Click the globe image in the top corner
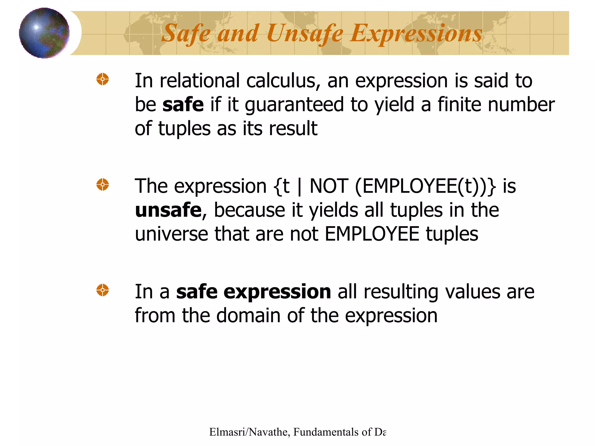pyautogui.click(x=44, y=33)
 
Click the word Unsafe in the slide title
pyautogui.click(x=305, y=34)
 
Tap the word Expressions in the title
pyautogui.click(x=416, y=34)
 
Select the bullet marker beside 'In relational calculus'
pyautogui.click(x=103, y=79)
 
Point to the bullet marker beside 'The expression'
pyautogui.click(x=103, y=185)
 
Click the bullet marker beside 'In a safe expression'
pyautogui.click(x=103, y=290)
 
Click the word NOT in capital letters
pyautogui.click(x=329, y=186)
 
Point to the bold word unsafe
pyautogui.click(x=168, y=210)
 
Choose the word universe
pyautogui.click(x=171, y=234)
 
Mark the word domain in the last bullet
pyautogui.click(x=249, y=316)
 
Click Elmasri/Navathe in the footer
pyautogui.click(x=248, y=432)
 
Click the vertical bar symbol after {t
pyautogui.click(x=300, y=187)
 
